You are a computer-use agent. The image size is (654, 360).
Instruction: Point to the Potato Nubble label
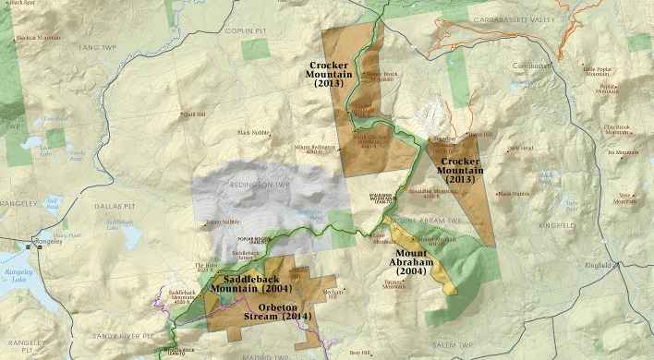(x=224, y=222)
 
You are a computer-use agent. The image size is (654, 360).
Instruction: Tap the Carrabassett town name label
(x=532, y=66)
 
